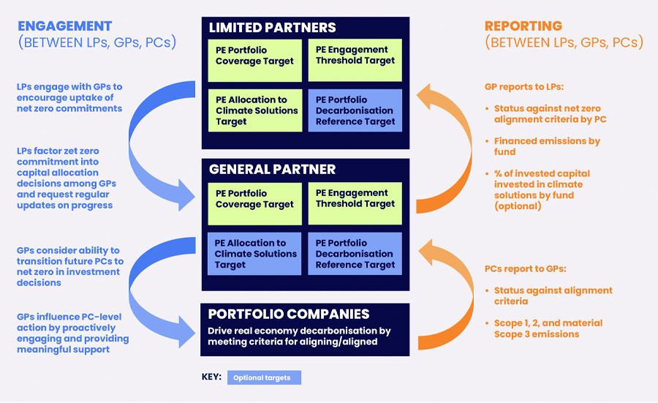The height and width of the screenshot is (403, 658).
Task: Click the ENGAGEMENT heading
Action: tap(65, 26)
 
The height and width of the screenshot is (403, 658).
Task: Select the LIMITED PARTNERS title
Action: tap(273, 28)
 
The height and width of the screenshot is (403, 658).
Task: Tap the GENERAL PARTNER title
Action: tap(273, 169)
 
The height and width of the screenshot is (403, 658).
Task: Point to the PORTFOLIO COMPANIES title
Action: tap(289, 315)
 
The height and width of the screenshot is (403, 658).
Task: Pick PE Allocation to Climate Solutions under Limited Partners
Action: tap(255, 110)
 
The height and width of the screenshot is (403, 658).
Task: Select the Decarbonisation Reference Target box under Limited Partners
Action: tap(355, 110)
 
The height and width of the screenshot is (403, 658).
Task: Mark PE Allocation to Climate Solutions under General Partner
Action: tap(255, 254)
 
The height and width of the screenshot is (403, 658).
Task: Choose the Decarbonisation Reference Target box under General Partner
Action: tap(355, 254)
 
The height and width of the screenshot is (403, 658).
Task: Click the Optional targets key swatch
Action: tap(264, 377)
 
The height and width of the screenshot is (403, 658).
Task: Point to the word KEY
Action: tap(212, 377)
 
